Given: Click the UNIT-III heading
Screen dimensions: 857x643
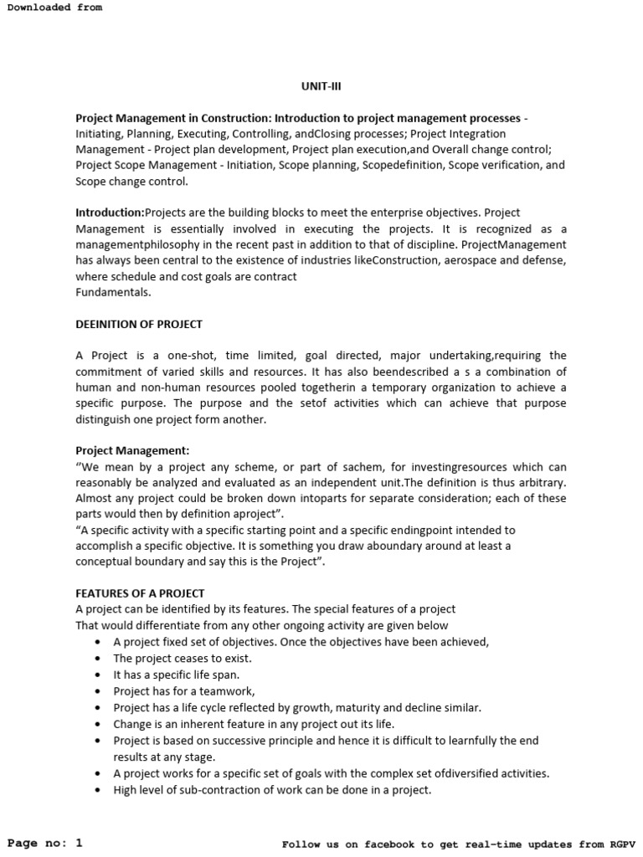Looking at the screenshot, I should (x=321, y=85).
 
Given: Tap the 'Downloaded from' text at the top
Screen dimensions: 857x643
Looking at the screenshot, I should (x=54, y=7).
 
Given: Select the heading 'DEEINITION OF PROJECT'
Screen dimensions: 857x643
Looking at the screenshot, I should (x=139, y=324).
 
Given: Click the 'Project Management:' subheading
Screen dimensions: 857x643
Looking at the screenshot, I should (x=132, y=450).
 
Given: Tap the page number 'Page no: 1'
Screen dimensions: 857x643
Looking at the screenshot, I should (x=45, y=843).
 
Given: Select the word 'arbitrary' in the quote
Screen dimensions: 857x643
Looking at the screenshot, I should (x=540, y=482).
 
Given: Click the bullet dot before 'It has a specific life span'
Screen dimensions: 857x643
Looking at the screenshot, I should (x=99, y=675).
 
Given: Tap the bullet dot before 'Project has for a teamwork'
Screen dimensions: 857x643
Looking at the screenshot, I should (x=99, y=691).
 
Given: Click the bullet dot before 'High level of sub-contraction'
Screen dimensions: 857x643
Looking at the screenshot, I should (x=99, y=789).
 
